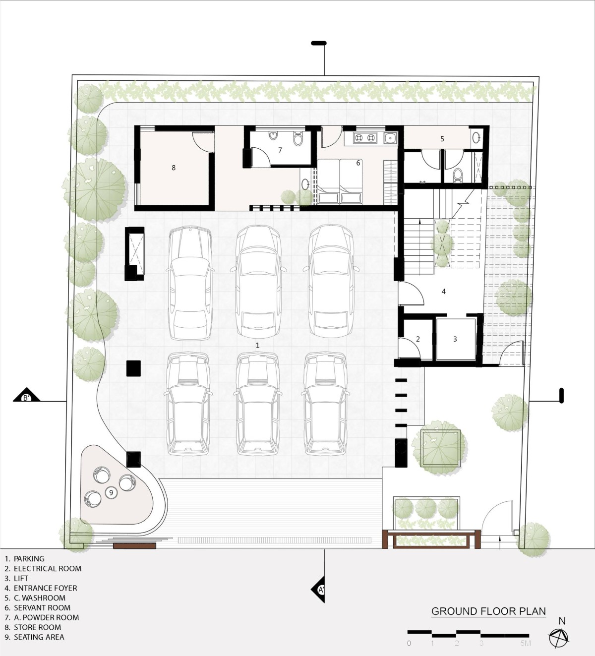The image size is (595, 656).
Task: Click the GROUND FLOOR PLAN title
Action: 489,611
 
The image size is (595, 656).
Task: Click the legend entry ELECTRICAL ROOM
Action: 43,568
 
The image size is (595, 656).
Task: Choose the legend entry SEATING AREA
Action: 34,637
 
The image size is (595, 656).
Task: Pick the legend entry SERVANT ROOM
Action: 38,607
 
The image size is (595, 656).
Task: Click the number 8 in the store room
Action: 174,168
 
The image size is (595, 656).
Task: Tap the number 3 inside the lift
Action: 455,339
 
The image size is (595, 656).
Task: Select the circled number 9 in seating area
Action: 111,492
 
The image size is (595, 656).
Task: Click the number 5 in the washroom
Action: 442,139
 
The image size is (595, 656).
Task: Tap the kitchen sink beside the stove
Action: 390,138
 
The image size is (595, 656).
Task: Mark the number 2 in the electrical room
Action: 417,339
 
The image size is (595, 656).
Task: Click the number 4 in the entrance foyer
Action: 444,292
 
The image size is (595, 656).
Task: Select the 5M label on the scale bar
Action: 525,644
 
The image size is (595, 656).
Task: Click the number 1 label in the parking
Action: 257,345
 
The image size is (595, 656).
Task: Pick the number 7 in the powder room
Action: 280,150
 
